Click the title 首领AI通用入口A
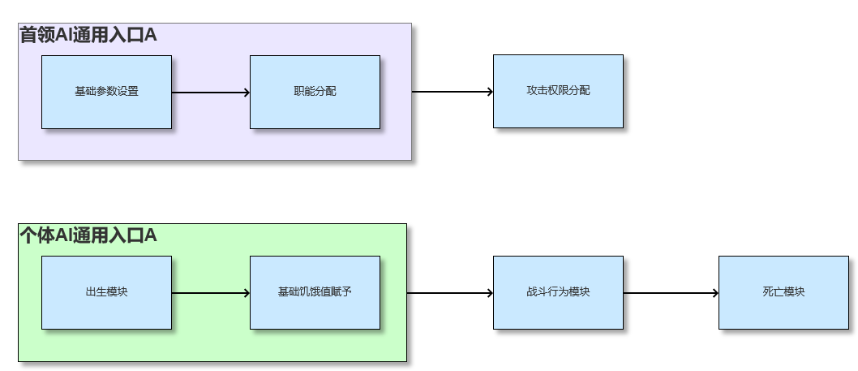(88, 35)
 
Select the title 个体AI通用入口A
(88, 236)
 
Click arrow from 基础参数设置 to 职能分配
(211, 93)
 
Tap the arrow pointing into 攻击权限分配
(453, 92)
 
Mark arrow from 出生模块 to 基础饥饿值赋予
(211, 293)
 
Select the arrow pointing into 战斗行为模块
(450, 293)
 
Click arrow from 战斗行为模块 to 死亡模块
(671, 293)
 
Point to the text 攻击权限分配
(558, 91)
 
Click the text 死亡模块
(783, 292)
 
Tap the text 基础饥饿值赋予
(315, 292)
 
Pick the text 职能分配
(315, 91)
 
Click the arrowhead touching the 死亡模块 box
(714, 293)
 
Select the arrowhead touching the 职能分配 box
(246, 93)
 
